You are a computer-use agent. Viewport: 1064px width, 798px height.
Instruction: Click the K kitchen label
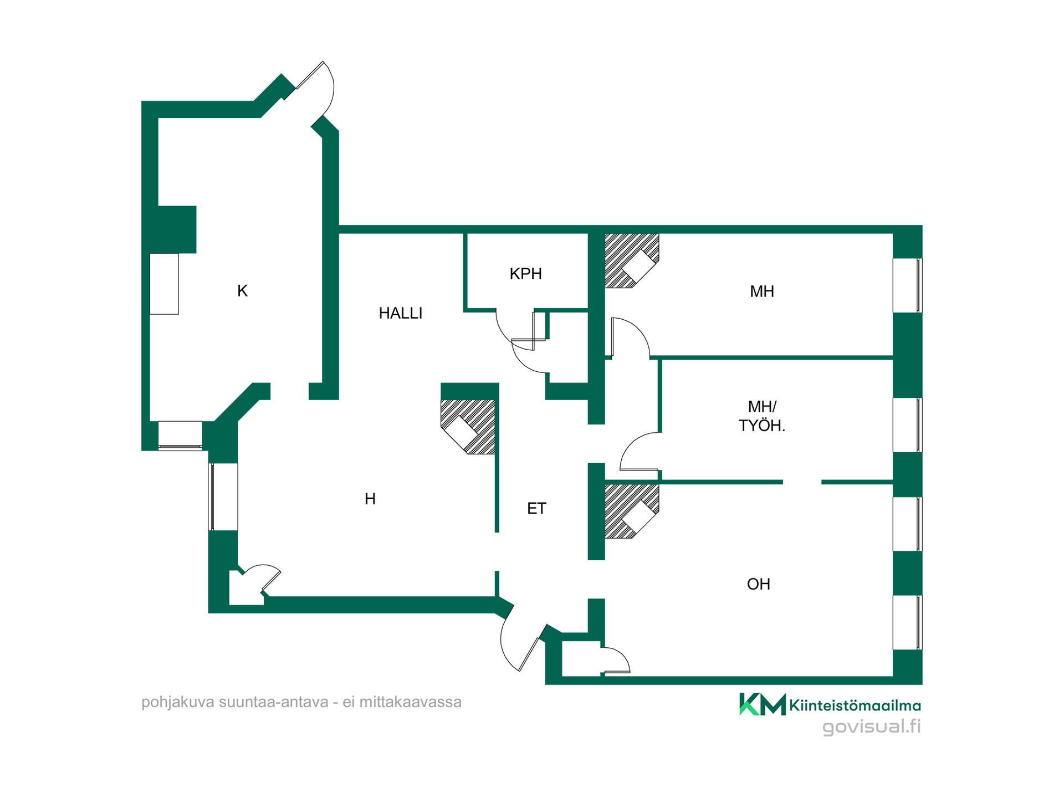click(x=242, y=291)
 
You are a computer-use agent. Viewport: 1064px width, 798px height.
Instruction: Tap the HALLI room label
click(x=401, y=313)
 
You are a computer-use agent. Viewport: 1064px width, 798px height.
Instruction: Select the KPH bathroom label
click(x=525, y=274)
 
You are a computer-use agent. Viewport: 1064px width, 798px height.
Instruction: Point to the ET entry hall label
click(x=536, y=508)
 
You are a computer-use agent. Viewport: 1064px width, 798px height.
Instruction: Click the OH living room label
click(x=759, y=584)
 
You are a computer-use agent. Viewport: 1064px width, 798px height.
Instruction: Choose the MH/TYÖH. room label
click(x=762, y=416)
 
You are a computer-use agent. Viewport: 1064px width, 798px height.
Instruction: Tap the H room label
click(x=370, y=499)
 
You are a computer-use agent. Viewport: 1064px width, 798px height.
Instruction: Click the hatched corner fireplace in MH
click(x=632, y=261)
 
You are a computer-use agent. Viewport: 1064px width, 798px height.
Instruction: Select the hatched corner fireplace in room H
click(x=468, y=427)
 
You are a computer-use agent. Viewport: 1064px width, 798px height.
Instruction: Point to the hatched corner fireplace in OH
click(x=632, y=511)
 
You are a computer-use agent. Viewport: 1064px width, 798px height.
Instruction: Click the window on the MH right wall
click(x=907, y=285)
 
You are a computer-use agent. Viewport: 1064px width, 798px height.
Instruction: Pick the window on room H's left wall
click(x=223, y=497)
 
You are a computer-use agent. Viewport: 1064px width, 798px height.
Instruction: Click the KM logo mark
click(x=763, y=704)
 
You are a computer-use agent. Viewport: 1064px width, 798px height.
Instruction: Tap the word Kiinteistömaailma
click(x=855, y=705)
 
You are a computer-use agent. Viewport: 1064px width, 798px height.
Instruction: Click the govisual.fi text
click(x=872, y=727)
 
